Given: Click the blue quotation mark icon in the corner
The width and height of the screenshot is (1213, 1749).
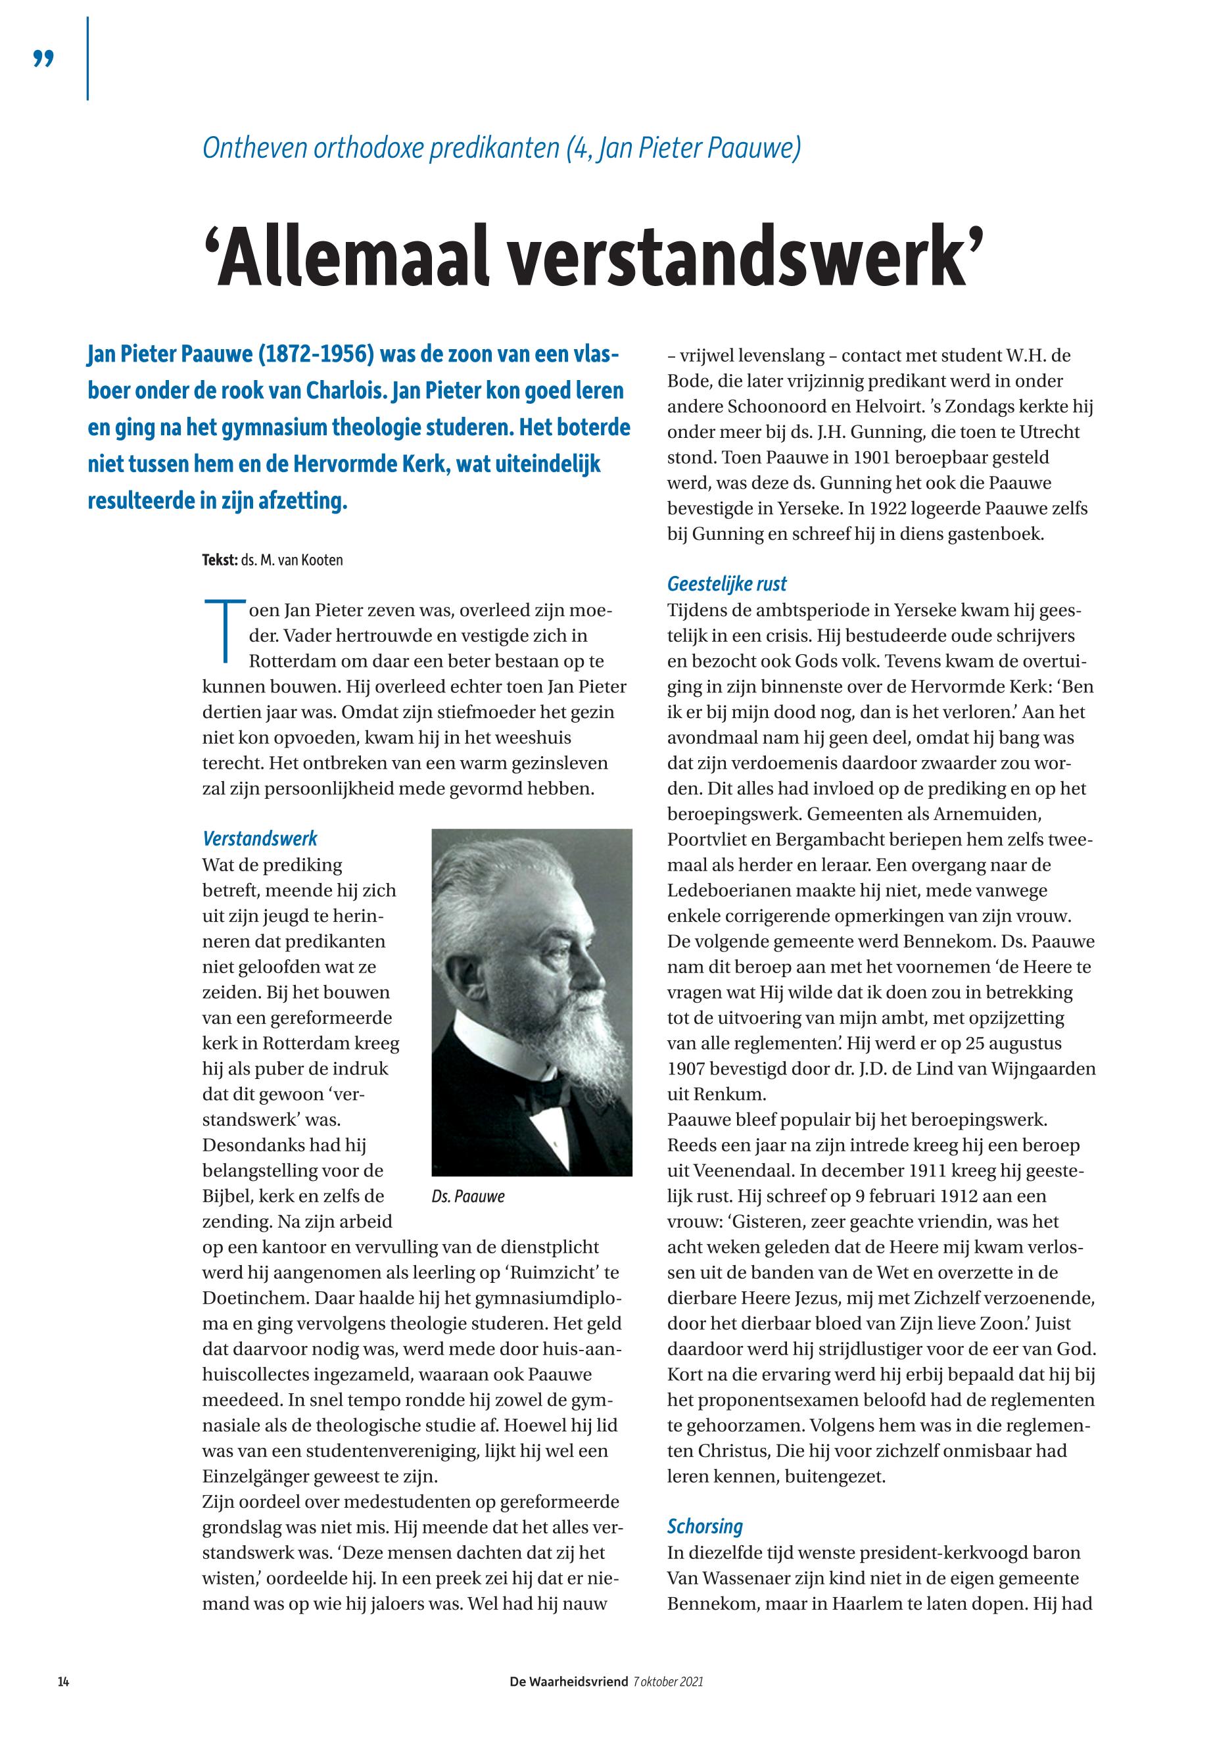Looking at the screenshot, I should point(44,59).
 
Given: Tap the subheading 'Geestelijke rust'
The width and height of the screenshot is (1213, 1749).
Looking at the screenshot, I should point(726,584).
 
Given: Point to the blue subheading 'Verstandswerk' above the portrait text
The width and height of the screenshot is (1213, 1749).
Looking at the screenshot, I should point(260,838).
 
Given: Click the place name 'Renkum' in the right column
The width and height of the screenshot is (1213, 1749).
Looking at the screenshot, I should point(722,1095).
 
